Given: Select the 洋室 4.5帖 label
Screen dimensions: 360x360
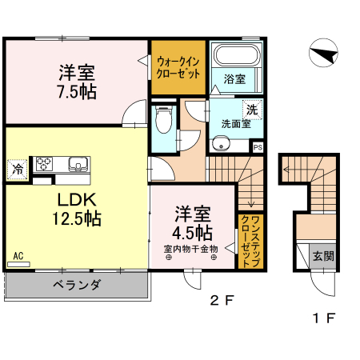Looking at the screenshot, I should [x=193, y=225].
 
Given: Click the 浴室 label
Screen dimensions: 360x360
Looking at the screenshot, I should [x=234, y=80].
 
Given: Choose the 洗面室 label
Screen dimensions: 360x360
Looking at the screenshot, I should [x=236, y=123].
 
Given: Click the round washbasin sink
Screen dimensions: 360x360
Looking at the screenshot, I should [x=220, y=144].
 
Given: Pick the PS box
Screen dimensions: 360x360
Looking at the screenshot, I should [x=258, y=147].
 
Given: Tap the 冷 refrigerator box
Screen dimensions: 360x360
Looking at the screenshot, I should [x=17, y=170].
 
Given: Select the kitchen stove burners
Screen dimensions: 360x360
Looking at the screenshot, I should [x=43, y=163].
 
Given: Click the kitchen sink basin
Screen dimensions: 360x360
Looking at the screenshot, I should [x=79, y=165].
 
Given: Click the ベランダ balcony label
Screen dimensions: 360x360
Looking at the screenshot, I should [x=77, y=285].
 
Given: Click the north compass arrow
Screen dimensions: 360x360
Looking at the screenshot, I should [x=323, y=54].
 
